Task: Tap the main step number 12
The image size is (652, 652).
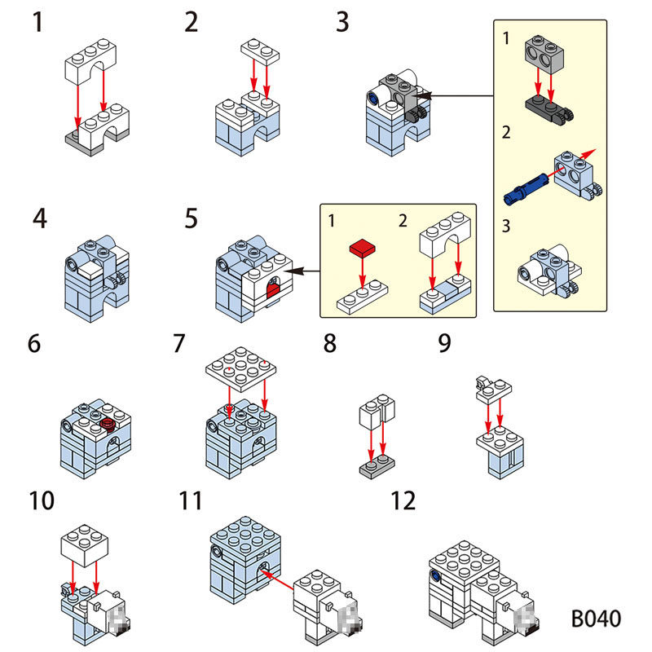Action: [x=403, y=500]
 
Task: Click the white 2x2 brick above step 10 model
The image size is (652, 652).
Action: [x=85, y=542]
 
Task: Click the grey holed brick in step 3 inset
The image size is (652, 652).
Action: [x=545, y=57]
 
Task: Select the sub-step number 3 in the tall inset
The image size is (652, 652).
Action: [x=506, y=226]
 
